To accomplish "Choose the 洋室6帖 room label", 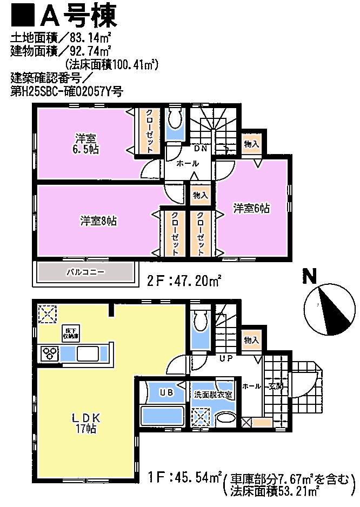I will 251,208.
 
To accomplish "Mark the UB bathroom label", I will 166,393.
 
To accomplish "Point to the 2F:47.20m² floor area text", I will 183,281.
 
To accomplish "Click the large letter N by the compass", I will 309,278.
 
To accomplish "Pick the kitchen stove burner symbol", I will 51,354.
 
